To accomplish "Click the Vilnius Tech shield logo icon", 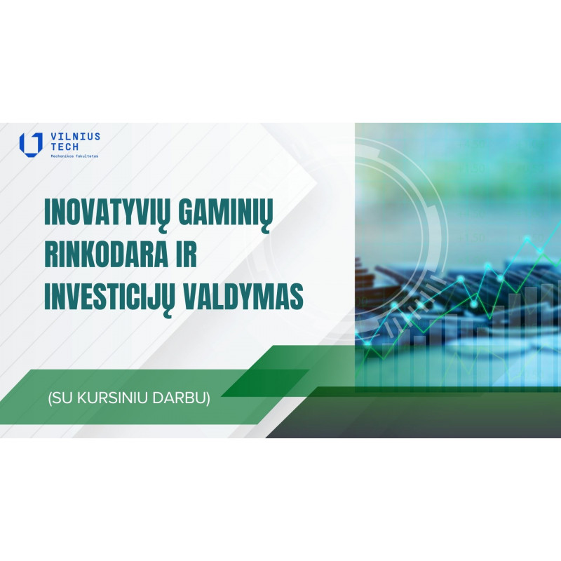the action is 31,144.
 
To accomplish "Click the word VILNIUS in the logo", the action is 76,137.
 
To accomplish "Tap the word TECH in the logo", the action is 65,147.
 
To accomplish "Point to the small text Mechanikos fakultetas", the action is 74,156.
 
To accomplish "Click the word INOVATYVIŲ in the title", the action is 108,214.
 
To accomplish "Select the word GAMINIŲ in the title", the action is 226,214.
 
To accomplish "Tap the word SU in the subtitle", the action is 62,398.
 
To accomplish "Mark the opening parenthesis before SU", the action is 50,398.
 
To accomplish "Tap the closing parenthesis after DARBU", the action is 208,398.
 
